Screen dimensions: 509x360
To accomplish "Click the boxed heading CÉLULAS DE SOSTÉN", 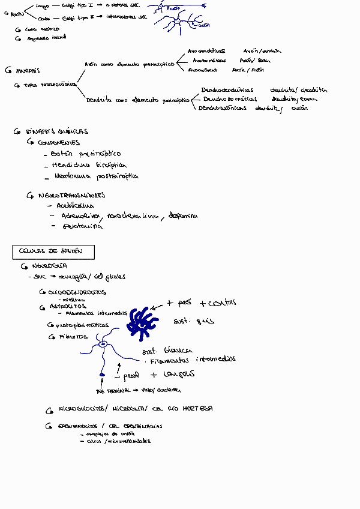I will click(x=53, y=251).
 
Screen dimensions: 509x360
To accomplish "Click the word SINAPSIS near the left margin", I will click(x=28, y=70).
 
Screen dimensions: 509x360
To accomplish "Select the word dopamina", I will click(x=183, y=215).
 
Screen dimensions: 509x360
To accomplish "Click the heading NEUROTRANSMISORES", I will click(x=71, y=195).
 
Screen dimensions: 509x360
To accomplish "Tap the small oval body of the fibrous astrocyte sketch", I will click(x=103, y=345).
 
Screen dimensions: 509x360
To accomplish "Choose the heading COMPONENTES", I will click(x=58, y=143).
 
